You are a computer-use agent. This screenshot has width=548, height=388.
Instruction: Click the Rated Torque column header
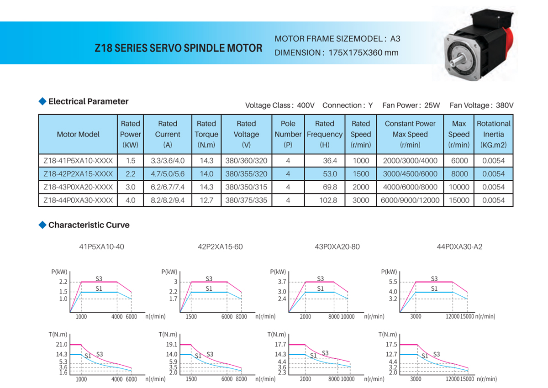click(x=206, y=134)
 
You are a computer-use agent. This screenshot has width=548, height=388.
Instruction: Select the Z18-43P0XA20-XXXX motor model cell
click(x=78, y=187)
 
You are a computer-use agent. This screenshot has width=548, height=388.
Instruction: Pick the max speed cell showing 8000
click(x=459, y=173)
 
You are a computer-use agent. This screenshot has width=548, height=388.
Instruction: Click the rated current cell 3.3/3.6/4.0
click(x=168, y=160)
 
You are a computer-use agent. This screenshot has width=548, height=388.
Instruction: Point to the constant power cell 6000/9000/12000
click(x=410, y=200)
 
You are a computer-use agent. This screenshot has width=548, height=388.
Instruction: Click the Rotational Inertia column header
click(x=494, y=134)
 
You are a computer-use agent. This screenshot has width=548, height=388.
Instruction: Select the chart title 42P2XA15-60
click(x=220, y=247)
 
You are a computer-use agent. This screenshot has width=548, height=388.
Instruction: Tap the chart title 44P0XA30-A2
click(x=459, y=247)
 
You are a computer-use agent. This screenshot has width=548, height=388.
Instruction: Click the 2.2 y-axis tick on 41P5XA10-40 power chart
click(x=63, y=282)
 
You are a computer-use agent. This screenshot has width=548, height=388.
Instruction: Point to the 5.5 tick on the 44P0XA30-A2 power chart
click(x=393, y=282)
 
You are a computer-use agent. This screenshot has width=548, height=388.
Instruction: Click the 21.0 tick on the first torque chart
click(x=62, y=345)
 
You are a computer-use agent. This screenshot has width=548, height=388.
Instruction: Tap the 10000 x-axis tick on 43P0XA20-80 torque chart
click(x=348, y=379)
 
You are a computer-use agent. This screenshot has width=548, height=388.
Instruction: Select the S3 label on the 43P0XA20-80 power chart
click(x=320, y=278)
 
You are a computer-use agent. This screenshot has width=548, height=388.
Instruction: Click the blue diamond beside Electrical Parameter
click(x=42, y=101)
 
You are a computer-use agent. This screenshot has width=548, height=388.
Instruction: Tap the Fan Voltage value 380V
click(x=505, y=105)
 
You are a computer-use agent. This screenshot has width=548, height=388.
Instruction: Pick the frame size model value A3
click(x=395, y=39)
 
